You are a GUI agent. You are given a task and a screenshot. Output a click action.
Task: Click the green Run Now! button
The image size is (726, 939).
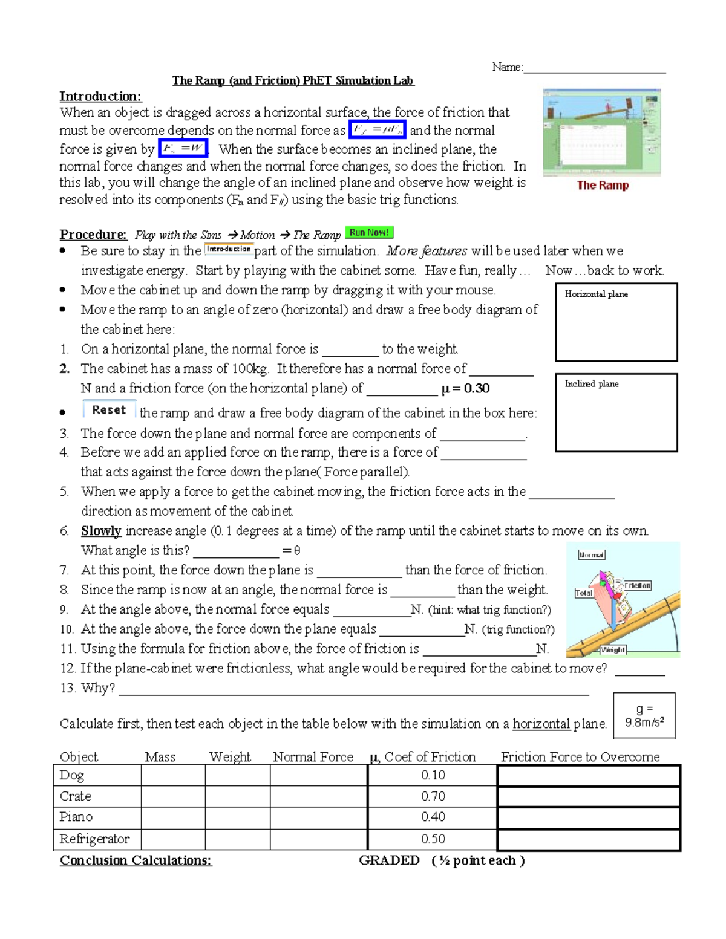pos(369,233)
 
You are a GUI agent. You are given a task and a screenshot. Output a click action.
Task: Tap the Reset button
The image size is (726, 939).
pos(109,410)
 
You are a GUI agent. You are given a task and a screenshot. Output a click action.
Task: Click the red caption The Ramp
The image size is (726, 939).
pos(603,186)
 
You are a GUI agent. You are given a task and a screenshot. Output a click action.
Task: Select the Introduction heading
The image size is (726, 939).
pos(100,97)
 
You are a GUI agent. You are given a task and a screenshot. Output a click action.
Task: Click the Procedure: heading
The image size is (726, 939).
pos(93,235)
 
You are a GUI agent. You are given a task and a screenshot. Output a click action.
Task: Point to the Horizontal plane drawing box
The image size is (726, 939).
pos(616,322)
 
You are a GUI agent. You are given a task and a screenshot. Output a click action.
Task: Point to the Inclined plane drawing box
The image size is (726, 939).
pos(616,413)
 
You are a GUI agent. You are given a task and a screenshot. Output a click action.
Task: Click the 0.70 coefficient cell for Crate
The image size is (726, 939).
pos(433,796)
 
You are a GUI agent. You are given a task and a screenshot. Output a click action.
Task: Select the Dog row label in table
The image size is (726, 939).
pos(72,775)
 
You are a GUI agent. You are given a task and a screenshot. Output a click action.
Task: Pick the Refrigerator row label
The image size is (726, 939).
pos(94,839)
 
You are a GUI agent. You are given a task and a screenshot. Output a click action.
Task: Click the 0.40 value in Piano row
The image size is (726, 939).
pos(433,817)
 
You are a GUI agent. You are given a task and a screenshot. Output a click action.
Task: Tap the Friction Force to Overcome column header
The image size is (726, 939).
pos(580,757)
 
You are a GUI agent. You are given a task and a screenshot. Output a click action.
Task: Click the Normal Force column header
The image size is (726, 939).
pos(313,757)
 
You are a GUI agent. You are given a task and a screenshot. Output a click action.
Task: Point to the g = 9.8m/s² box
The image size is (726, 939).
pos(644,716)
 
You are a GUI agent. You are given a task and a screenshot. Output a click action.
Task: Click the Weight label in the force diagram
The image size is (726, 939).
pos(613,649)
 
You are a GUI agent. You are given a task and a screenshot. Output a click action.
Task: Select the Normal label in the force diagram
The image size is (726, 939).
pos(591,555)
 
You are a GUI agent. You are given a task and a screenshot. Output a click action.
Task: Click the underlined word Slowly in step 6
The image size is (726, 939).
pos(101,531)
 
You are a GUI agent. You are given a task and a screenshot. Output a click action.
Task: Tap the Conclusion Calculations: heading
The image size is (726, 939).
pos(136,860)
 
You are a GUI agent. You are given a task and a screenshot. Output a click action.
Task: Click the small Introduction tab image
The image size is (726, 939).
pos(229,249)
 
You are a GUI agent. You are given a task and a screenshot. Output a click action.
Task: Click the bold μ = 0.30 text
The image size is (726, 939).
pos(465,389)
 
